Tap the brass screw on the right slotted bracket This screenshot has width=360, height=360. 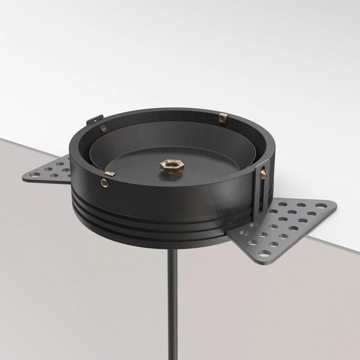pos(263,173)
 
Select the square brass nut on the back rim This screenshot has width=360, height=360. pos(223,118)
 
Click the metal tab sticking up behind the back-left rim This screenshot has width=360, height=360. pos(91,121)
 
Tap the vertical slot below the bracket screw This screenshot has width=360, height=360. pos(262,195)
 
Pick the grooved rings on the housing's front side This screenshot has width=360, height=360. pos(150,225)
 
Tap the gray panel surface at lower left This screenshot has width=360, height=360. pos(60,270)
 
